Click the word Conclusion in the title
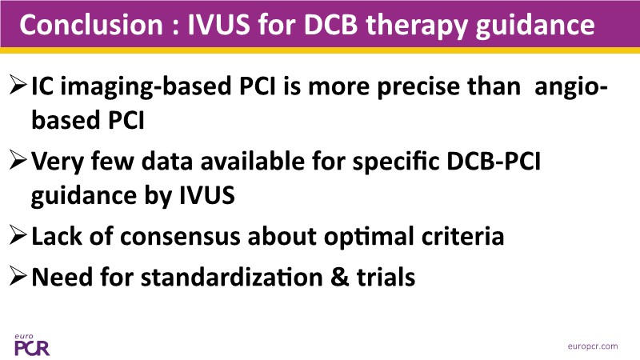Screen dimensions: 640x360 pyautogui.click(x=91, y=25)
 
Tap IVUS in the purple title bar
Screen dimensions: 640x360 pyautogui.click(x=218, y=25)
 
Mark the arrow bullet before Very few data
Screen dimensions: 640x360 pyautogui.click(x=18, y=160)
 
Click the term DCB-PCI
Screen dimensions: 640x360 pyautogui.click(x=494, y=161)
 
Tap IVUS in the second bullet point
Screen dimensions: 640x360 pyautogui.click(x=207, y=194)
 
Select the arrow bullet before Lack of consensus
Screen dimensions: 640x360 pyautogui.click(x=18, y=235)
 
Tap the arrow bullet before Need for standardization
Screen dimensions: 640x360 pyautogui.click(x=18, y=276)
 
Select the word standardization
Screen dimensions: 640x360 pyautogui.click(x=232, y=276)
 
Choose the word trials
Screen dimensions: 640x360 pyautogui.click(x=386, y=276)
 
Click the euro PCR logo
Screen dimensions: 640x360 pyautogui.click(x=32, y=345)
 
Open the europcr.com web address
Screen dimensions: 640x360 pyautogui.click(x=593, y=346)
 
